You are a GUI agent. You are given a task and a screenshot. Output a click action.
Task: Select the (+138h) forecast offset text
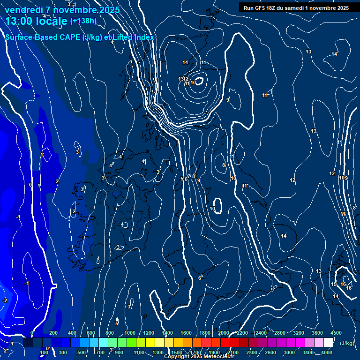tap(83, 21)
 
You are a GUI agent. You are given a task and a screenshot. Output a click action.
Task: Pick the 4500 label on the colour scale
tap(336, 333)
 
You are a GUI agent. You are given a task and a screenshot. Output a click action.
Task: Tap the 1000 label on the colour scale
tap(130, 333)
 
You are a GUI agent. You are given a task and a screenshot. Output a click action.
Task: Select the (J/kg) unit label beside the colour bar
tap(347, 343)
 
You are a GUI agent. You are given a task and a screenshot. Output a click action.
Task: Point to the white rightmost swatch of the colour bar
tap(328, 343)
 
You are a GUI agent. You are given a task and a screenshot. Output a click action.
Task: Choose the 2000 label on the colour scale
tap(224, 333)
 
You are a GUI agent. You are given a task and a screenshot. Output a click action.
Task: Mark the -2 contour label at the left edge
tap(5, 300)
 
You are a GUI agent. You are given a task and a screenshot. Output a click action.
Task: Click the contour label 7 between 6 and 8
tap(189, 176)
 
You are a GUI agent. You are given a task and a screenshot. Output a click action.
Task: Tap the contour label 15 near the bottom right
tap(334, 285)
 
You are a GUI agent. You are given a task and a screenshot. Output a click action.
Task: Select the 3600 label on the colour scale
tap(317, 333)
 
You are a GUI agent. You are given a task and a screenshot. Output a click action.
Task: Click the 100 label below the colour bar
tap(44, 352)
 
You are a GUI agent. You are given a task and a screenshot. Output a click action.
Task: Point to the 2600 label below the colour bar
tap(271, 352)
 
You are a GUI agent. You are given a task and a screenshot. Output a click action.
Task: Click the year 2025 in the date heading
tap(109, 9)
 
